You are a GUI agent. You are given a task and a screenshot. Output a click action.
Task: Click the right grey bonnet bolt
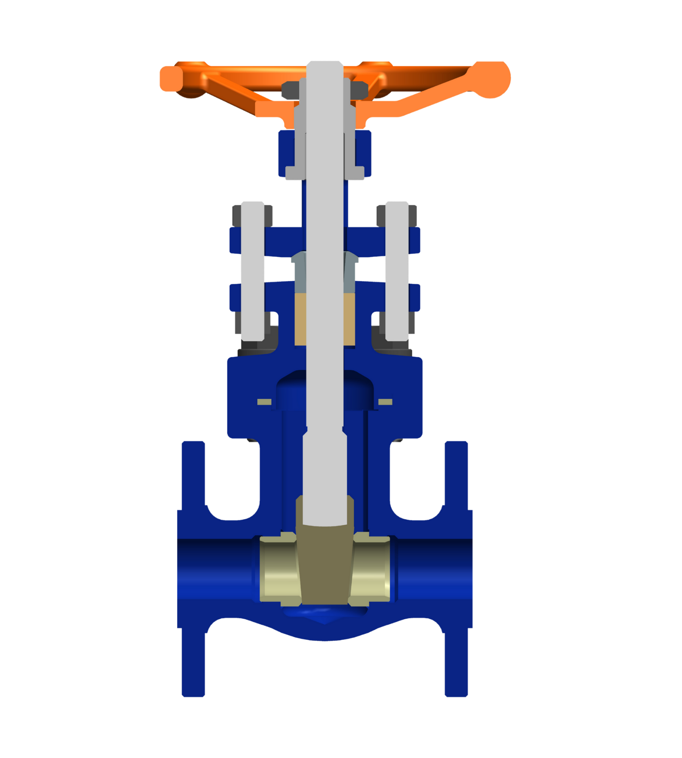pos(397,271)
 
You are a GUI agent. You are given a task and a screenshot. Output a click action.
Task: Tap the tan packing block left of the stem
pos(300,319)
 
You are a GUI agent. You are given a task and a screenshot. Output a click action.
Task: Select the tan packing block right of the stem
pos(349,319)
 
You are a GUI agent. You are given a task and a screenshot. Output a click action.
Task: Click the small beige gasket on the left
pos(264,402)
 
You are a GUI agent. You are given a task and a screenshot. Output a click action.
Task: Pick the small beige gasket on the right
pos(385,402)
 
